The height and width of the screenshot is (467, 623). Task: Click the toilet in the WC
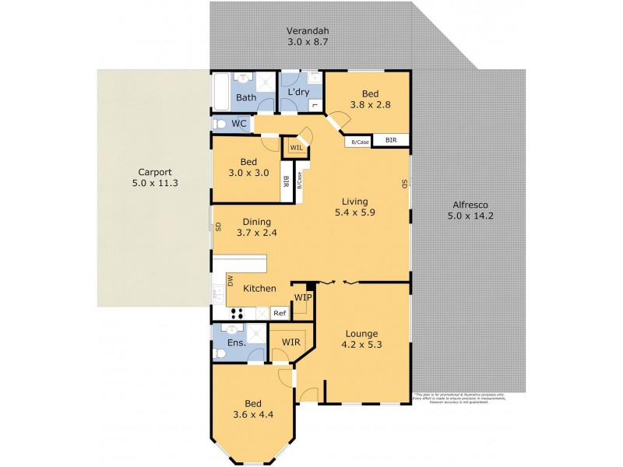coord(219,124)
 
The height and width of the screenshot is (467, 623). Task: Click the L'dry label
coord(300,93)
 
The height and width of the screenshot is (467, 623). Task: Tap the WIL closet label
coord(296,147)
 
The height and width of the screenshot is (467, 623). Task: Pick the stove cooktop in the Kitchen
coord(237,313)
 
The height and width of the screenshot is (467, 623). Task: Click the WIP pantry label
coord(303,297)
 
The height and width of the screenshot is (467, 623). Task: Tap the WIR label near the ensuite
coord(291,342)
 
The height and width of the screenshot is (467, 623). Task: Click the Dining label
coord(256,220)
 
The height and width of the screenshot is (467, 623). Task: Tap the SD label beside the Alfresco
coord(404,184)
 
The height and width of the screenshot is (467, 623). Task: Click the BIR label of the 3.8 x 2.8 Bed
coord(391,141)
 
